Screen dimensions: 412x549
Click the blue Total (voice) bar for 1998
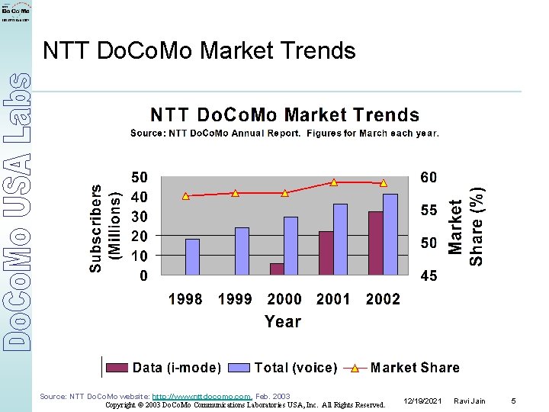(x=192, y=257)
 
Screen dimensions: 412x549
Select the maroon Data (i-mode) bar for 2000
(x=277, y=269)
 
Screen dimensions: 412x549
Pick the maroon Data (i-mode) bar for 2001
(x=326, y=253)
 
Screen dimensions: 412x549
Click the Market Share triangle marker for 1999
(x=235, y=193)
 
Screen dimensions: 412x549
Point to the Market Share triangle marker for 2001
(x=334, y=182)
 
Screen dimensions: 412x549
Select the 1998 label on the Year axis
(x=185, y=299)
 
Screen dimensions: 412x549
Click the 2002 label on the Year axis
(x=383, y=299)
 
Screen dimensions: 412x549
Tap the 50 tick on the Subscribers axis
(x=140, y=177)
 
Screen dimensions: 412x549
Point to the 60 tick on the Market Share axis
(x=429, y=177)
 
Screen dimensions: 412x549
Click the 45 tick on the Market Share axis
(x=429, y=275)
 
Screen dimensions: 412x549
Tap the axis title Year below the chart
(x=283, y=321)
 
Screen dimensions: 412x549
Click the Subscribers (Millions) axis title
(x=105, y=227)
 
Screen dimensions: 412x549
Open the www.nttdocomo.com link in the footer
(x=202, y=397)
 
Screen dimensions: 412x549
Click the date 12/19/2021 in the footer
(x=423, y=401)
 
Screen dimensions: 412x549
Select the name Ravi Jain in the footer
(x=468, y=401)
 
